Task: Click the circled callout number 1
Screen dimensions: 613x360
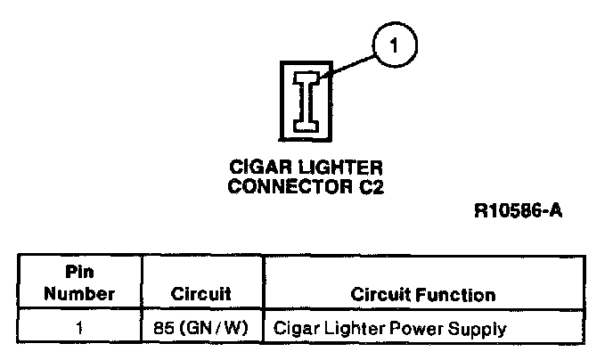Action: coord(395,45)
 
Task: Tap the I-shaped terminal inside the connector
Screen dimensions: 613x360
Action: coord(306,102)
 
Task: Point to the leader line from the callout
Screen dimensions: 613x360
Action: coord(347,67)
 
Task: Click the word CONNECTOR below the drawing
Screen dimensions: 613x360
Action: coord(290,186)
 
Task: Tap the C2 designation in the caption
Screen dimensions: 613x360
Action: coord(372,186)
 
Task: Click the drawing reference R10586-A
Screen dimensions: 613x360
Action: coord(519,210)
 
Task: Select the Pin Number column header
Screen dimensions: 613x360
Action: coord(79,282)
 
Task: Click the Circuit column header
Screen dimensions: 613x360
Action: coord(201,294)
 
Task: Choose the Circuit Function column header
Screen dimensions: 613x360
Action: coord(423,294)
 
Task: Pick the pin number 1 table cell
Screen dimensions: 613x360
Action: coord(79,328)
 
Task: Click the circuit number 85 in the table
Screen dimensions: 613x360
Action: coord(163,328)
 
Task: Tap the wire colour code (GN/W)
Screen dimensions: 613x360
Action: coord(214,328)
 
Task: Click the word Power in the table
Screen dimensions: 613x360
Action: coord(417,328)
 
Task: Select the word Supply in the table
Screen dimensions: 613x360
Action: coord(477,330)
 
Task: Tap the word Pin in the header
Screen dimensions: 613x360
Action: coord(79,272)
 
